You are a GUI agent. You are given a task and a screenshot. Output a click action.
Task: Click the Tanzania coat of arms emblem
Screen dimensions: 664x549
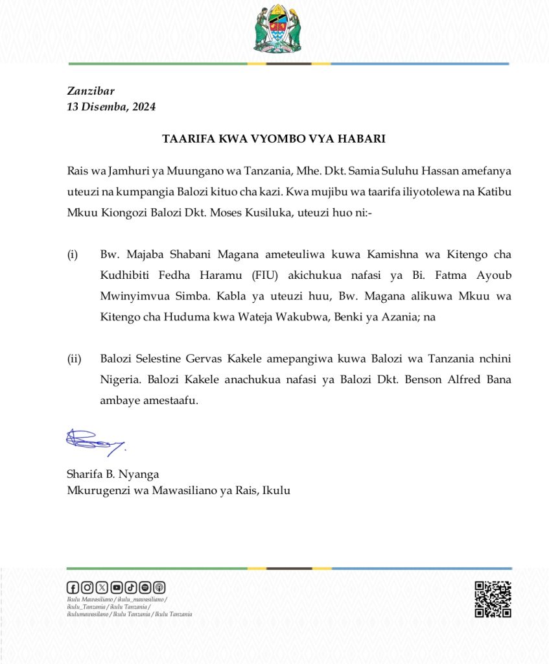click(277, 29)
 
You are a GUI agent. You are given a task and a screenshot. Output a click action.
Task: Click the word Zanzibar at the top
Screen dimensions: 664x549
click(91, 91)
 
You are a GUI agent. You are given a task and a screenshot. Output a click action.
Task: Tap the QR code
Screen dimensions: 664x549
click(493, 599)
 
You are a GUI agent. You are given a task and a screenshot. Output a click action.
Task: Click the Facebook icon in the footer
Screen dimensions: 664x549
click(73, 587)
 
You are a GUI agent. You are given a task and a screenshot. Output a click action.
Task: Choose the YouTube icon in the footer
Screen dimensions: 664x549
click(116, 587)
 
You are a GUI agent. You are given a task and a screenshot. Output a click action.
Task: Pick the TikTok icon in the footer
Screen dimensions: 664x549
click(130, 587)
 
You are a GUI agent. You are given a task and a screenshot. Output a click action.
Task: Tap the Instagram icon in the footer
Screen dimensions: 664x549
click(88, 587)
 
